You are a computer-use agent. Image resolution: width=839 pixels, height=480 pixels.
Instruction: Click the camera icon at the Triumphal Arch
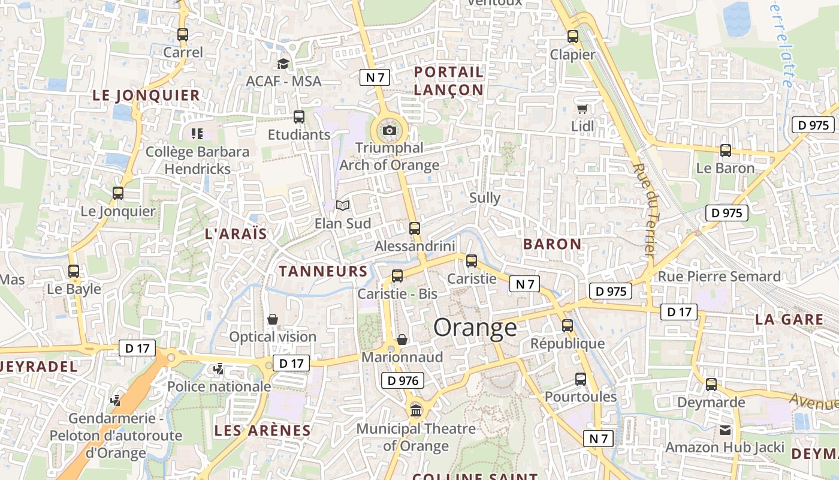tap(390, 130)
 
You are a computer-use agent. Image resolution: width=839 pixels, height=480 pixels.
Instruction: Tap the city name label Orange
tap(475, 328)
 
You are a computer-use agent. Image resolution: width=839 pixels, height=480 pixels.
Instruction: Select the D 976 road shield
tap(403, 380)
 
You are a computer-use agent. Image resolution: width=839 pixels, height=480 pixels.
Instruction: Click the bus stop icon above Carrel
tap(183, 35)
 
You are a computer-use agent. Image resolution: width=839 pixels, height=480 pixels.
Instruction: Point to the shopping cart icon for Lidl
tap(582, 109)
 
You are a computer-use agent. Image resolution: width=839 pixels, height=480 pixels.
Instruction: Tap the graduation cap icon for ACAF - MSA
tap(283, 64)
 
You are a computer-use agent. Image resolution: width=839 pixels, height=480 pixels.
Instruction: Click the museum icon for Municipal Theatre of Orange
tap(416, 411)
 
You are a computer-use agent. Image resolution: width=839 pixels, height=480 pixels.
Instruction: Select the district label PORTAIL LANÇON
tap(449, 81)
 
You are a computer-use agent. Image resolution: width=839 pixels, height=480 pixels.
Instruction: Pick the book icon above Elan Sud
tap(342, 206)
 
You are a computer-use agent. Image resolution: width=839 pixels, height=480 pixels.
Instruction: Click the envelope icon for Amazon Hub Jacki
tap(725, 430)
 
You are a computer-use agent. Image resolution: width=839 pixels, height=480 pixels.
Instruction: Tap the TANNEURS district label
tap(323, 271)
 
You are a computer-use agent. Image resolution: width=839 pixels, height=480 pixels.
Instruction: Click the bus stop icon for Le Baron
tap(725, 151)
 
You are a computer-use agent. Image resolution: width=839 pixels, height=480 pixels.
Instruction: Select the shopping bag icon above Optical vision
tap(273, 319)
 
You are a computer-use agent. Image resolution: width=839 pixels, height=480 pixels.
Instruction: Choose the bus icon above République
tap(567, 326)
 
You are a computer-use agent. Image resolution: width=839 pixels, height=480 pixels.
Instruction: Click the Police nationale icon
tap(219, 369)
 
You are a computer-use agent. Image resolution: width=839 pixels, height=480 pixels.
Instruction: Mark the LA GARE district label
tap(789, 319)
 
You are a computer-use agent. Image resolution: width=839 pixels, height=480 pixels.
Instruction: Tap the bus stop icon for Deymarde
tap(711, 385)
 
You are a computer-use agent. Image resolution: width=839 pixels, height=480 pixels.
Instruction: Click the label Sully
tap(485, 198)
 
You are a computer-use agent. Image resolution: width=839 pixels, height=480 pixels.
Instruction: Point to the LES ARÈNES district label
tap(262, 430)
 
